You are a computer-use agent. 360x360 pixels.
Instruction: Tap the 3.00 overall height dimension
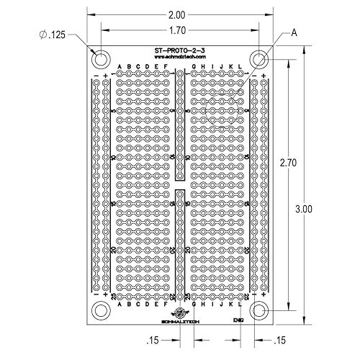tap(304, 210)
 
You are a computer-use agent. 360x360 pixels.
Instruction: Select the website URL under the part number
tap(180, 57)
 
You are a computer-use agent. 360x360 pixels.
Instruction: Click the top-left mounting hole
tap(101, 58)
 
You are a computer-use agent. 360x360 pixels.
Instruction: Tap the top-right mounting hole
tap(259, 58)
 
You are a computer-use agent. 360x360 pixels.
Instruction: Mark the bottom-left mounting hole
tap(101, 310)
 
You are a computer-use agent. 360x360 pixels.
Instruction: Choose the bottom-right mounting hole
tap(259, 310)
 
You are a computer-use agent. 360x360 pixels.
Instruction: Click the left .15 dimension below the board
tap(153, 340)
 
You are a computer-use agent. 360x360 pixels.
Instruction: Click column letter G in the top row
tap(194, 67)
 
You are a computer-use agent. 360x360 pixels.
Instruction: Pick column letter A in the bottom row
tap(120, 304)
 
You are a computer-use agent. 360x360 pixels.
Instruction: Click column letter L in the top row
tap(240, 67)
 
